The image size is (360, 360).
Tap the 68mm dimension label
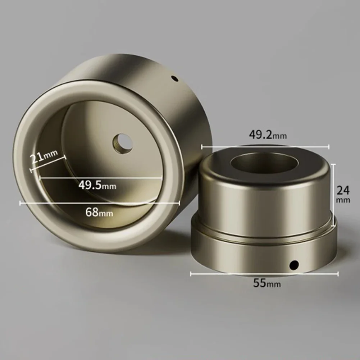pyautogui.click(x=99, y=212)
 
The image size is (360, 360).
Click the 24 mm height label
pyautogui.click(x=343, y=194)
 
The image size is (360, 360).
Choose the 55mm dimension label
pyautogui.click(x=267, y=283)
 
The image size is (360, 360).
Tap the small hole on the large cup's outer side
pyautogui.click(x=175, y=78)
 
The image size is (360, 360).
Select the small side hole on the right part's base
pyautogui.click(x=295, y=265)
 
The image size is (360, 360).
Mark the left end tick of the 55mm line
pyautogui.click(x=191, y=274)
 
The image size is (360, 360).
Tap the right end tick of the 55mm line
pyautogui.click(x=338, y=274)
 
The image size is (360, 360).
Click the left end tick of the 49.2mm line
pyautogui.click(x=202, y=146)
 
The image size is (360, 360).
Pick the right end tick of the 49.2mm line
pyautogui.click(x=329, y=146)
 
